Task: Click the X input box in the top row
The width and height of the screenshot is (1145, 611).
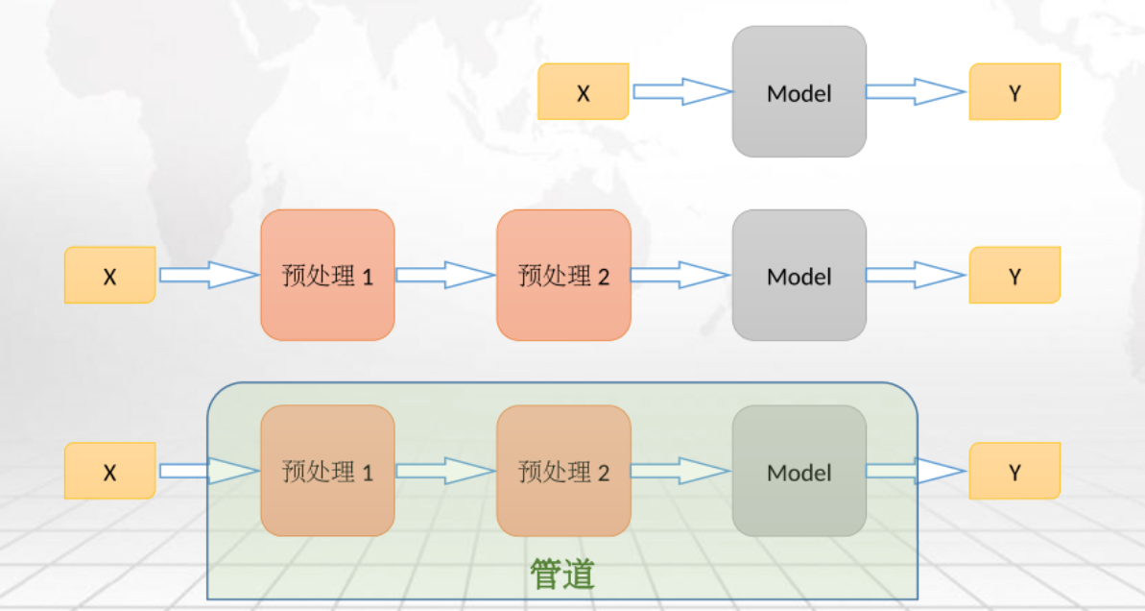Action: coord(583,92)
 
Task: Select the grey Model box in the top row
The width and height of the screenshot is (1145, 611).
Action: coord(799,92)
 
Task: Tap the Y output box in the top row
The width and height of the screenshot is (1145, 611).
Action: coord(1014,92)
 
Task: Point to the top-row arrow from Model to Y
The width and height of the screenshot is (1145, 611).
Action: coord(915,92)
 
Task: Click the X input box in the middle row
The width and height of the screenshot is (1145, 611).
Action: coord(109,276)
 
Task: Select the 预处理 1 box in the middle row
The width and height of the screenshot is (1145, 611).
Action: coord(327,276)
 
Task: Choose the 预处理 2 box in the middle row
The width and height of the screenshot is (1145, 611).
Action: coord(563,276)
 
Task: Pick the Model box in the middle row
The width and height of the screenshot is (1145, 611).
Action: coord(799,276)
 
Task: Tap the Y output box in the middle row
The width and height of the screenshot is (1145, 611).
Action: coord(1014,276)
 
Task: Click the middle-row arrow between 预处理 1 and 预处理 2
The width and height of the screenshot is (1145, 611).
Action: coord(445,276)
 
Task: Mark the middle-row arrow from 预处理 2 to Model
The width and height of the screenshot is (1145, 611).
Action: coord(680,276)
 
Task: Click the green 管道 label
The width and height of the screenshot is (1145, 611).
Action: coord(562,574)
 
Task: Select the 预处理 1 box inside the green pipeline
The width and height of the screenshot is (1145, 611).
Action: coord(327,472)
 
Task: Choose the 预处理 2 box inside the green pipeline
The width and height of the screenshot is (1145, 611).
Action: coord(563,472)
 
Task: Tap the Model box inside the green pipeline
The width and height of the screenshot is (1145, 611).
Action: coord(799,472)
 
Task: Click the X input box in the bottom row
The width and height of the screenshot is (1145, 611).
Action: coord(109,472)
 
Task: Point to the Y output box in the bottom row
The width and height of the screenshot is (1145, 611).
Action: coord(1014,472)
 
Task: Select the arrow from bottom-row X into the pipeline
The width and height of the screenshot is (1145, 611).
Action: coord(208,472)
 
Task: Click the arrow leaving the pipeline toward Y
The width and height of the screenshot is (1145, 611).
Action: coord(915,472)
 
